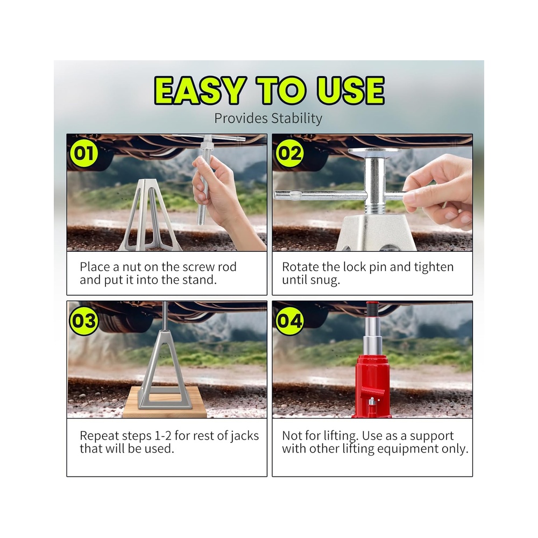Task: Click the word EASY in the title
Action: [200, 90]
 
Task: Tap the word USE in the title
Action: [350, 90]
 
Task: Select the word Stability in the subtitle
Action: [296, 118]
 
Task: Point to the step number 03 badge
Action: [84, 321]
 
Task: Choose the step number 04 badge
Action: [289, 321]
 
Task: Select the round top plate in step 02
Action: [374, 151]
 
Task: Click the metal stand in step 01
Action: [150, 215]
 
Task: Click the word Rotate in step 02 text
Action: [300, 267]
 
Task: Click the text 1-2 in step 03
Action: [163, 436]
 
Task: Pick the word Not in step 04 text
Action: [292, 436]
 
